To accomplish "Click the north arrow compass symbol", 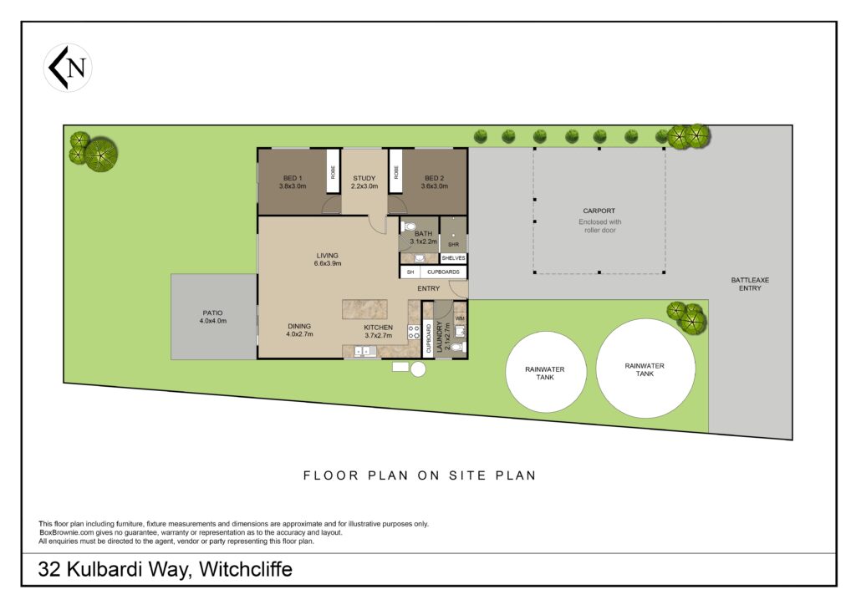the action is tap(68, 68).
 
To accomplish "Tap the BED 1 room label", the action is tap(293, 181).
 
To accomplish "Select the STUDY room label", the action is tap(364, 181).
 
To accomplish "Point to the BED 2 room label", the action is tap(435, 181).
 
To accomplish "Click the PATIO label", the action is tap(213, 317).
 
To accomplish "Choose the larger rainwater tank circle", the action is tap(645, 369).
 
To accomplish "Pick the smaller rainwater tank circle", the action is tap(545, 372).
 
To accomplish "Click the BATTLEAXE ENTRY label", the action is tap(750, 283).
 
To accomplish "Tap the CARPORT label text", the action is tap(599, 211).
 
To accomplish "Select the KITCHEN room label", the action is tap(379, 331).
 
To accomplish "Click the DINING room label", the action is tap(299, 330).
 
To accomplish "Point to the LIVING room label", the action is tap(328, 259).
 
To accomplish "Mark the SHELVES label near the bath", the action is tap(454, 258).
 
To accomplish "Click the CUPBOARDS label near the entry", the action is tap(443, 272).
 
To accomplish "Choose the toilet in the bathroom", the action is tap(408, 226).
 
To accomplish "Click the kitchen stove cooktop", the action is tap(414, 333).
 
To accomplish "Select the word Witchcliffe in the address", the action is tap(246, 569).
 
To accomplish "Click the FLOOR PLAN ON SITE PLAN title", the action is tap(420, 475).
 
